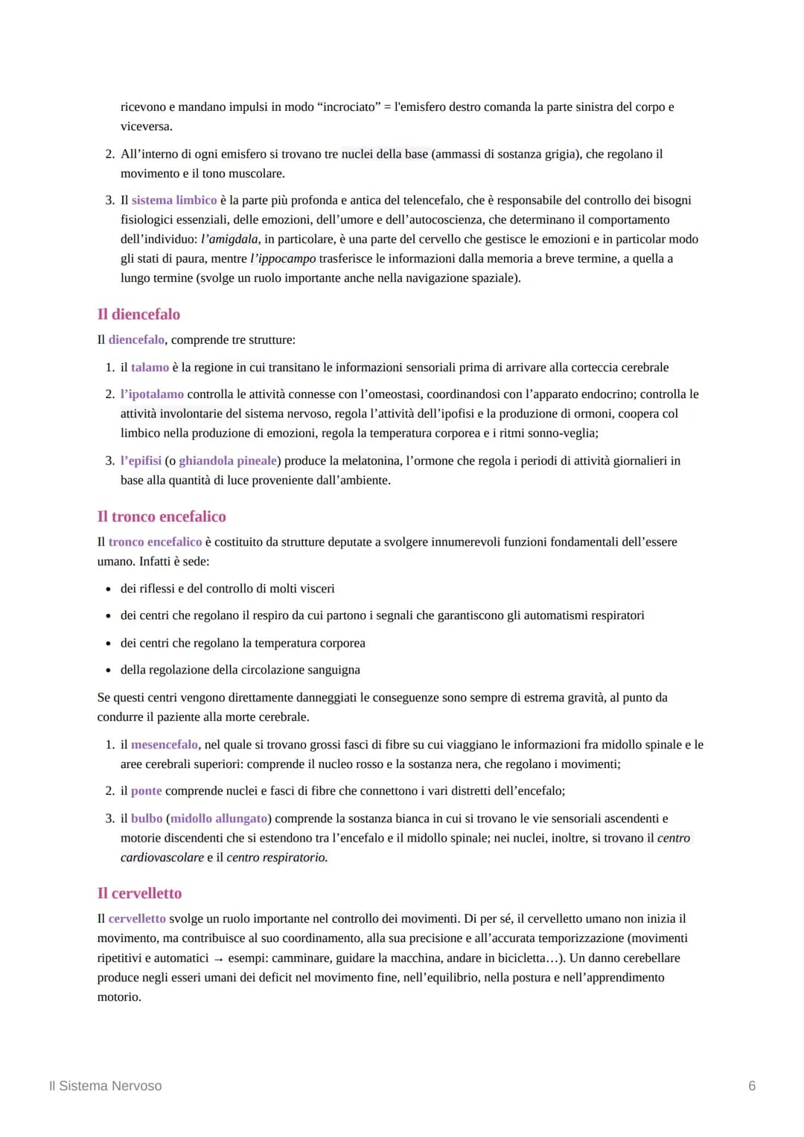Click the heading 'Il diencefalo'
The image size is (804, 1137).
pyautogui.click(x=138, y=314)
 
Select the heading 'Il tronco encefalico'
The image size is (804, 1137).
pyautogui.click(x=162, y=516)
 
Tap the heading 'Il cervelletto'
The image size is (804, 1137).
pyautogui.click(x=139, y=893)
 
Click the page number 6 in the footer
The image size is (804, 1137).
pyautogui.click(x=752, y=1086)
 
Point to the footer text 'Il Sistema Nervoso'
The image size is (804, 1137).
pyautogui.click(x=105, y=1086)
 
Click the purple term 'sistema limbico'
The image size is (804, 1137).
pyautogui.click(x=174, y=200)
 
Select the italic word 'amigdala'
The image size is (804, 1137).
pyautogui.click(x=233, y=239)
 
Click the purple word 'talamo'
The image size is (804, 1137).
pyautogui.click(x=150, y=368)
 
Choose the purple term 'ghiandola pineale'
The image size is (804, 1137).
pyautogui.click(x=228, y=461)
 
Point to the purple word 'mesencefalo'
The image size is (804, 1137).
pyautogui.click(x=165, y=744)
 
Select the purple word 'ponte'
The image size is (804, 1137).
pyautogui.click(x=146, y=791)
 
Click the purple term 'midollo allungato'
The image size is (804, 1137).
pyautogui.click(x=219, y=819)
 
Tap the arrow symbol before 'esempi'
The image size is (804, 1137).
pyautogui.click(x=218, y=959)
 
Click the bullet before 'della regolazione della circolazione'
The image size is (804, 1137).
pyautogui.click(x=109, y=670)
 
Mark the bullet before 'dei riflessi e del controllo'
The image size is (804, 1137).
pyautogui.click(x=109, y=589)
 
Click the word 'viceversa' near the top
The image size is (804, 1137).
pyautogui.click(x=146, y=126)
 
